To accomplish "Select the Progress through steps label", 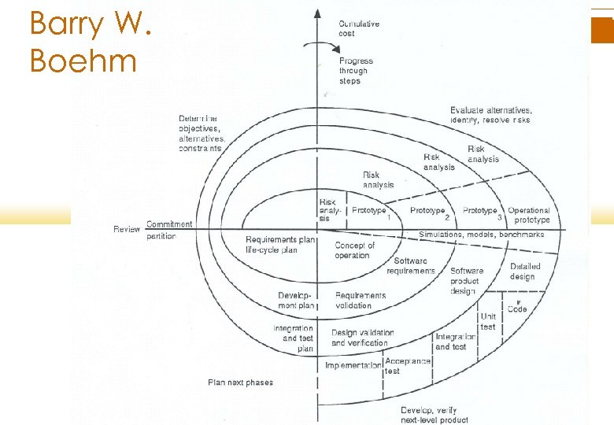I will coord(356,71).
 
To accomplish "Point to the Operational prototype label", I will coord(529,215).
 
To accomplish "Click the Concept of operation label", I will coord(355,250).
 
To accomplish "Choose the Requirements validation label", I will coord(361,300).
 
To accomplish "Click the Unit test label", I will coord(488,321).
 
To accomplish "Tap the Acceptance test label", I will coord(407,365).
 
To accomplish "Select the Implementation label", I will coord(353,365).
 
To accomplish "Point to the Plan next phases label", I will coord(240,382).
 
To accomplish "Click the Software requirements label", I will coord(411,266).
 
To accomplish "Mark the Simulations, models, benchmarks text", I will coord(481,235).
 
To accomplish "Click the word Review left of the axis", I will coord(127,230).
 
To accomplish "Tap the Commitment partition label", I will coord(168,230).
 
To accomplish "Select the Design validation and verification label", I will coord(362,338).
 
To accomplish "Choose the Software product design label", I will coord(467,280).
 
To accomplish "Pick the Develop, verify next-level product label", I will coord(435,415).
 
